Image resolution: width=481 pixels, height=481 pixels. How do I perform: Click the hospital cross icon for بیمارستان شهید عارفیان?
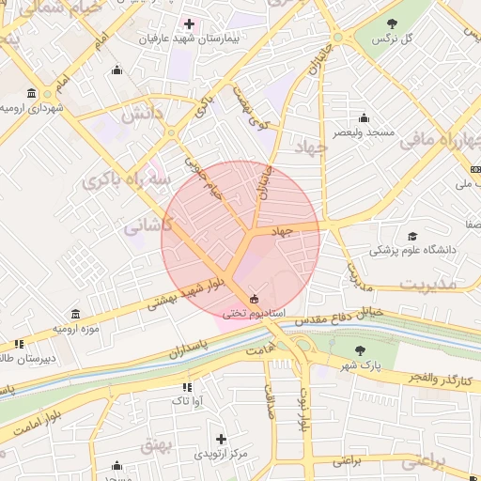[x=189, y=23]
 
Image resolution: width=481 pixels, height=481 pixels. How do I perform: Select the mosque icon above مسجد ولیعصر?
[x=365, y=118]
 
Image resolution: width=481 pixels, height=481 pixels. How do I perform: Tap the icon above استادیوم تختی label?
[x=255, y=299]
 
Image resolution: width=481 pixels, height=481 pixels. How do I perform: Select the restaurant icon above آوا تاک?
[x=186, y=386]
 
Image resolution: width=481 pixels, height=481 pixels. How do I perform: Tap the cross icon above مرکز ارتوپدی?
[x=221, y=439]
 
